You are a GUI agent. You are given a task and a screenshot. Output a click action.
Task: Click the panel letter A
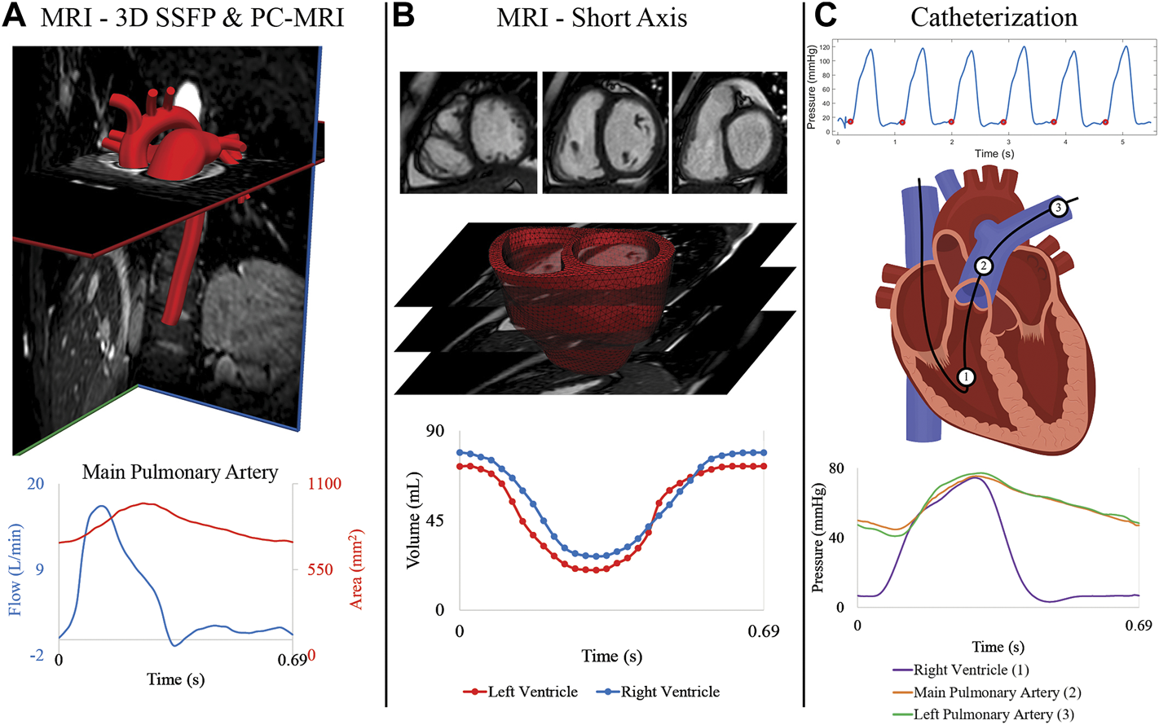[15, 16]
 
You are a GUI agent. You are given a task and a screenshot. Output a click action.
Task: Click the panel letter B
[403, 16]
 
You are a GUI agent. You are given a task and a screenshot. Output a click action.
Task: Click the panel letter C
[825, 16]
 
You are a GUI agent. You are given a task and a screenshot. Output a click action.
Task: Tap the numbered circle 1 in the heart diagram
[966, 376]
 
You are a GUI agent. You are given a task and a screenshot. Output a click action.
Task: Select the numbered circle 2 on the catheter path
[984, 266]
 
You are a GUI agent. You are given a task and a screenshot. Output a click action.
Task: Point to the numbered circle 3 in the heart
[1058, 208]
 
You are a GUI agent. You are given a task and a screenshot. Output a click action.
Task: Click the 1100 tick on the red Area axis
[324, 484]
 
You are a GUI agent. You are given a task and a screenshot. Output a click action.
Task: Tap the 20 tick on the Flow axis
[36, 484]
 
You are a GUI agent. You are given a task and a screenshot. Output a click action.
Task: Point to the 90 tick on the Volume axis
[435, 430]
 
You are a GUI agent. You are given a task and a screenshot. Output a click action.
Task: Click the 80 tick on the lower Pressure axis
[837, 468]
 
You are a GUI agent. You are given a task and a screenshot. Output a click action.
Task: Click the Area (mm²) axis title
[356, 569]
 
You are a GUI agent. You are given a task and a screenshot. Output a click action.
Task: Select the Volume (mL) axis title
[413, 520]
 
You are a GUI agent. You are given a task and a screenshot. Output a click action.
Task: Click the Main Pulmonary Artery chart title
[180, 472]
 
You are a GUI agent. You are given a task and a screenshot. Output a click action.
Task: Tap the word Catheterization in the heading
[994, 17]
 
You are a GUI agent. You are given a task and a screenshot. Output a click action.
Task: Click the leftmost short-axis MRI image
[468, 132]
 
